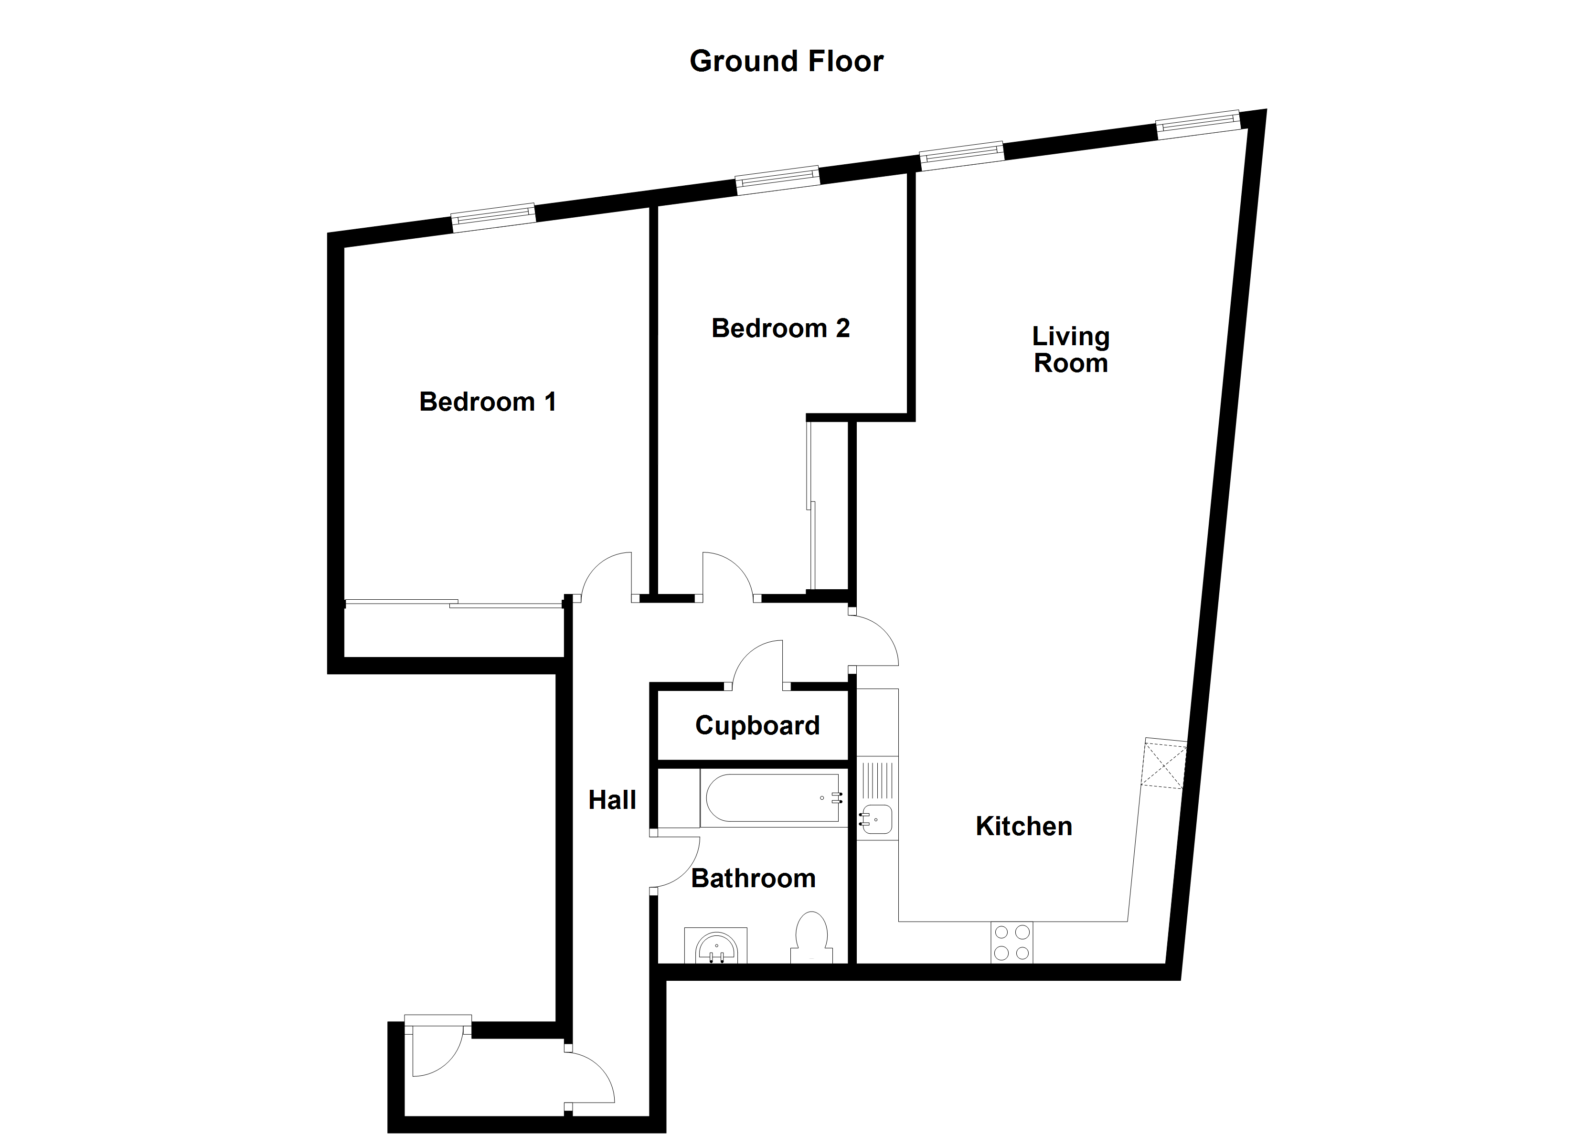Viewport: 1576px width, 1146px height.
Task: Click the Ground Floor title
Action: [786, 61]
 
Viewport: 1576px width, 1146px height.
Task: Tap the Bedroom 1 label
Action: [487, 402]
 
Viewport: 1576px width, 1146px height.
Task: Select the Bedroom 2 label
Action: [780, 328]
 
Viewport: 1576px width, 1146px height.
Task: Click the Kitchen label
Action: [1023, 827]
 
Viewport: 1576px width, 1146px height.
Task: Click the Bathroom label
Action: [753, 879]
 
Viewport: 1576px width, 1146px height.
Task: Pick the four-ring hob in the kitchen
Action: [1012, 943]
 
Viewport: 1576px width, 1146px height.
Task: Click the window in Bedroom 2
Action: [777, 180]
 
